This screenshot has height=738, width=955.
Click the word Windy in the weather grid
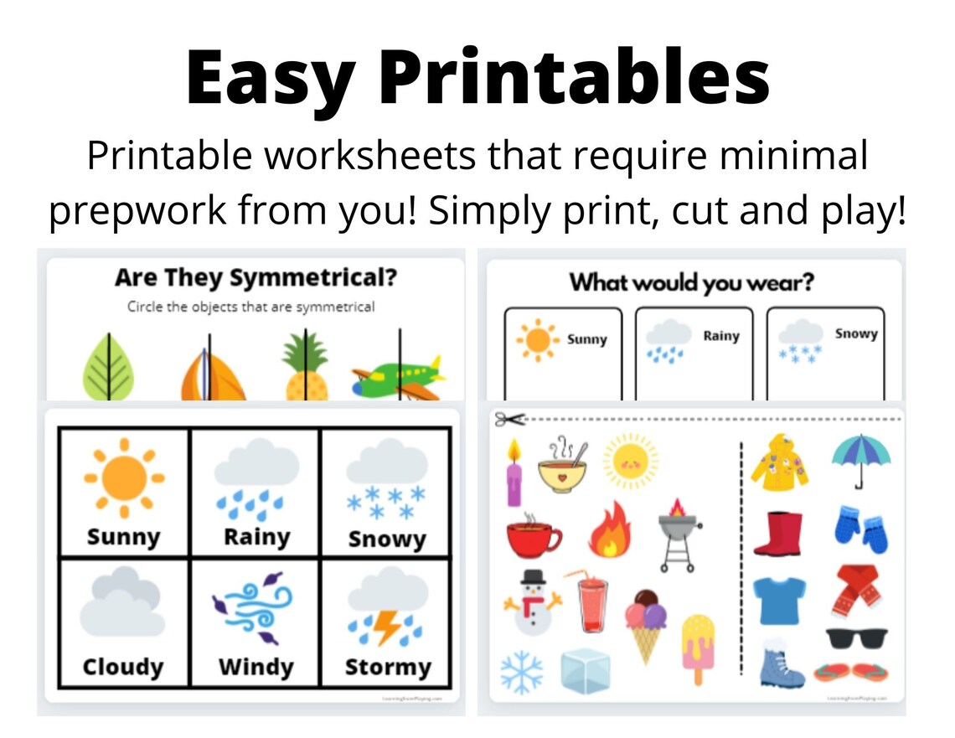point(256,667)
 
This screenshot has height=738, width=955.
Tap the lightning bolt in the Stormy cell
point(386,627)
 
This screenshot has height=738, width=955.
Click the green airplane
point(395,377)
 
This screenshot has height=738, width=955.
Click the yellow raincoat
point(778,462)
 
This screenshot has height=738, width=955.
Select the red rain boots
point(777,534)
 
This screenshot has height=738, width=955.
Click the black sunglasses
point(856,639)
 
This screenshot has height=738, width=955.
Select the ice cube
point(585,670)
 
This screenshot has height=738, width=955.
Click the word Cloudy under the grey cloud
point(122,667)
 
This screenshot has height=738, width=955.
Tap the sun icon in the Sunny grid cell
point(123,478)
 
